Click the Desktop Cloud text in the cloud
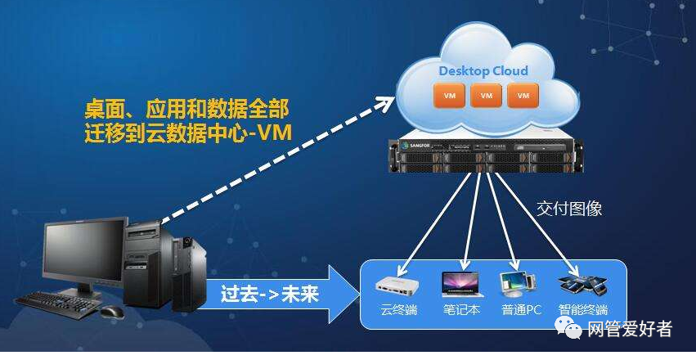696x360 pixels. pos(483,70)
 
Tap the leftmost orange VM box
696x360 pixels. pos(449,96)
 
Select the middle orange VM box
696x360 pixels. pos(486,96)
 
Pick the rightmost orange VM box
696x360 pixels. pos(523,96)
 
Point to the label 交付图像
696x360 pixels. pos(569,209)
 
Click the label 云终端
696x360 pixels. pos(399,311)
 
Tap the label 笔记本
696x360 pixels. pos(460,311)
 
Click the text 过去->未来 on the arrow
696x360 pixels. pos(270,293)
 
